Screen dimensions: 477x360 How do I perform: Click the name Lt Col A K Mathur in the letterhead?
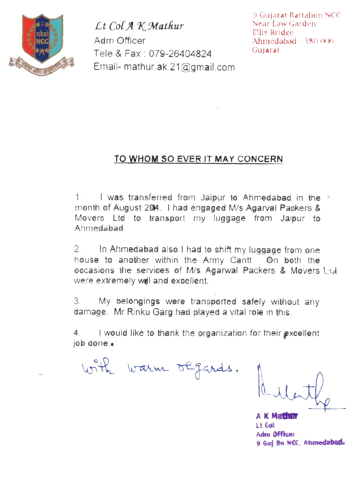pos(139,26)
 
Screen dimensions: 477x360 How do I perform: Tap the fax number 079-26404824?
pos(180,54)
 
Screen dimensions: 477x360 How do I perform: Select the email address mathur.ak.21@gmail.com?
pos(179,67)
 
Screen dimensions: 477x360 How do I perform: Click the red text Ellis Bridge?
pos(273,32)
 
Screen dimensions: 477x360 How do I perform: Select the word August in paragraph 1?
pos(127,208)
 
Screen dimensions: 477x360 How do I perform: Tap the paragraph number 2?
pos(77,249)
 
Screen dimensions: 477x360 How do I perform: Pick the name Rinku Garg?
pos(149,312)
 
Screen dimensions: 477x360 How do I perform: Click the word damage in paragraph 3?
pos(90,312)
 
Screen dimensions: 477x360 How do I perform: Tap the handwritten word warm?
pos(148,369)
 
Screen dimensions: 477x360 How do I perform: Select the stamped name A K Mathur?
pos(277,416)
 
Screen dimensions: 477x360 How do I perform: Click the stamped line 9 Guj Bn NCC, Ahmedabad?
pos(300,443)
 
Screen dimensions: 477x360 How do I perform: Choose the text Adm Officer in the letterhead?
pos(120,41)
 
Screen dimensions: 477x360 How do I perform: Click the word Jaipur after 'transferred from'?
pos(213,198)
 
